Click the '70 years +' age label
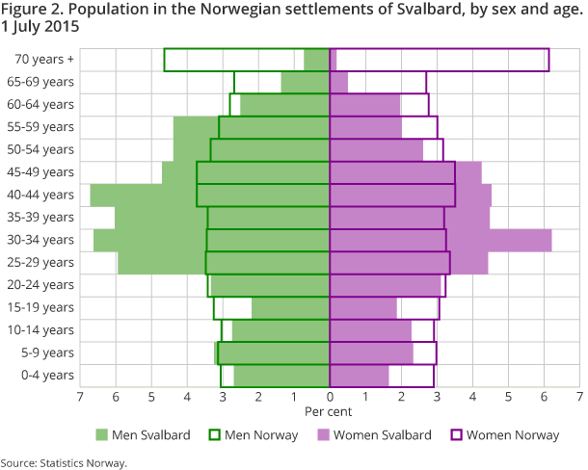tap(44, 59)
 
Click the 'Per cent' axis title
tap(330, 411)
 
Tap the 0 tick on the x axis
tap(330, 396)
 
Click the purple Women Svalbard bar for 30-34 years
tap(501, 240)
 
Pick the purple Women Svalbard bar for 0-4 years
tap(360, 375)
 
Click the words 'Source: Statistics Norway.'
tap(64, 462)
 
